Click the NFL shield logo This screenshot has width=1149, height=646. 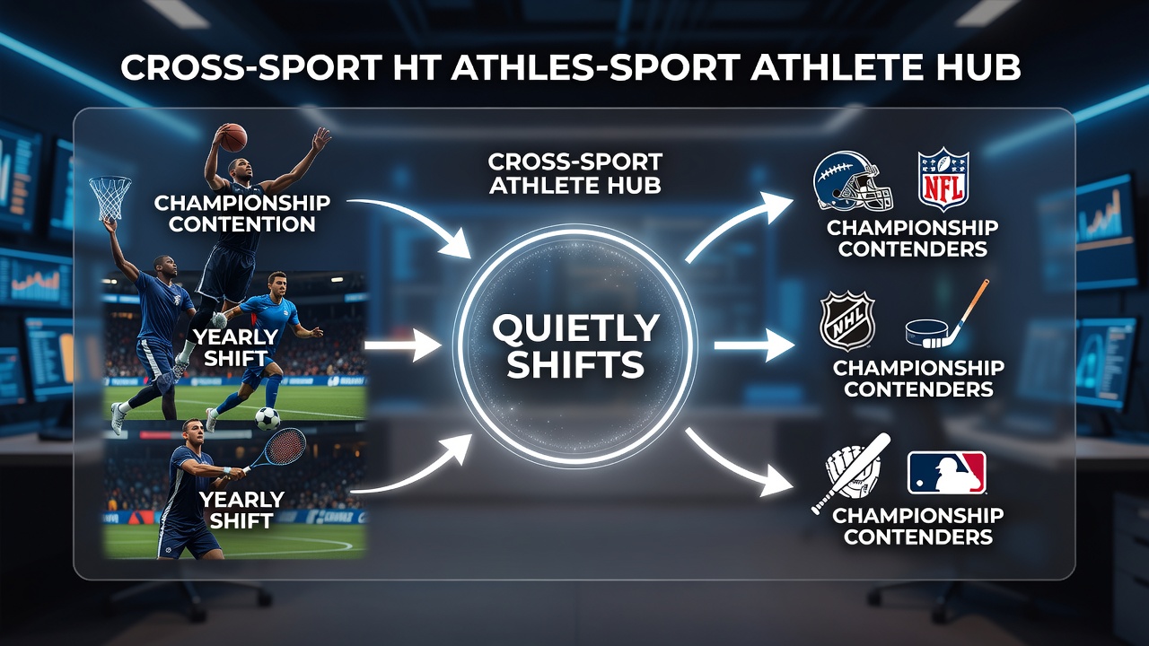943,179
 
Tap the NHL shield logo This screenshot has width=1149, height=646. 847,321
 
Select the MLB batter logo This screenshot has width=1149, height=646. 946,473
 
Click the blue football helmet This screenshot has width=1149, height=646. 854,180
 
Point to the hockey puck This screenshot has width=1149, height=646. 928,332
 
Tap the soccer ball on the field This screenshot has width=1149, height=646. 268,418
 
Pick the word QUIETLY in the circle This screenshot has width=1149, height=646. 575,327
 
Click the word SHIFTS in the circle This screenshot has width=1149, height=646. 575,364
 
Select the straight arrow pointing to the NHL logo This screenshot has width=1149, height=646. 754,345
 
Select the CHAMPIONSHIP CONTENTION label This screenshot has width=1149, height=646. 241,214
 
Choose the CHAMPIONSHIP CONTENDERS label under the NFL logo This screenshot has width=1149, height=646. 912,239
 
